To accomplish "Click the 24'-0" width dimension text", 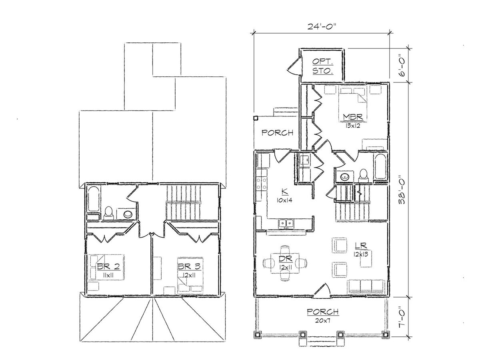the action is (x=322, y=26).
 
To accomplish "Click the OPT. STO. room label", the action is (x=323, y=66).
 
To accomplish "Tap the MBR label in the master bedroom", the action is (x=353, y=117).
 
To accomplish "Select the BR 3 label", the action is (x=189, y=266).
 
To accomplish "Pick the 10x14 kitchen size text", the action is (x=284, y=200).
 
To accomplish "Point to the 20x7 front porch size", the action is (x=323, y=321).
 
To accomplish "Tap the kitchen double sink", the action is (x=286, y=223).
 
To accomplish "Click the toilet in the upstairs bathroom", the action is (x=108, y=213).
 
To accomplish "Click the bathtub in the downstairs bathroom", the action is (x=380, y=166).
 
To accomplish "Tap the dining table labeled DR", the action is (x=285, y=263).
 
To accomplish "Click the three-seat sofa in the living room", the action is (x=365, y=286).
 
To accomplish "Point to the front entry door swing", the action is (x=322, y=290).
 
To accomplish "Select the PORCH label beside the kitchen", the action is (x=277, y=133).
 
